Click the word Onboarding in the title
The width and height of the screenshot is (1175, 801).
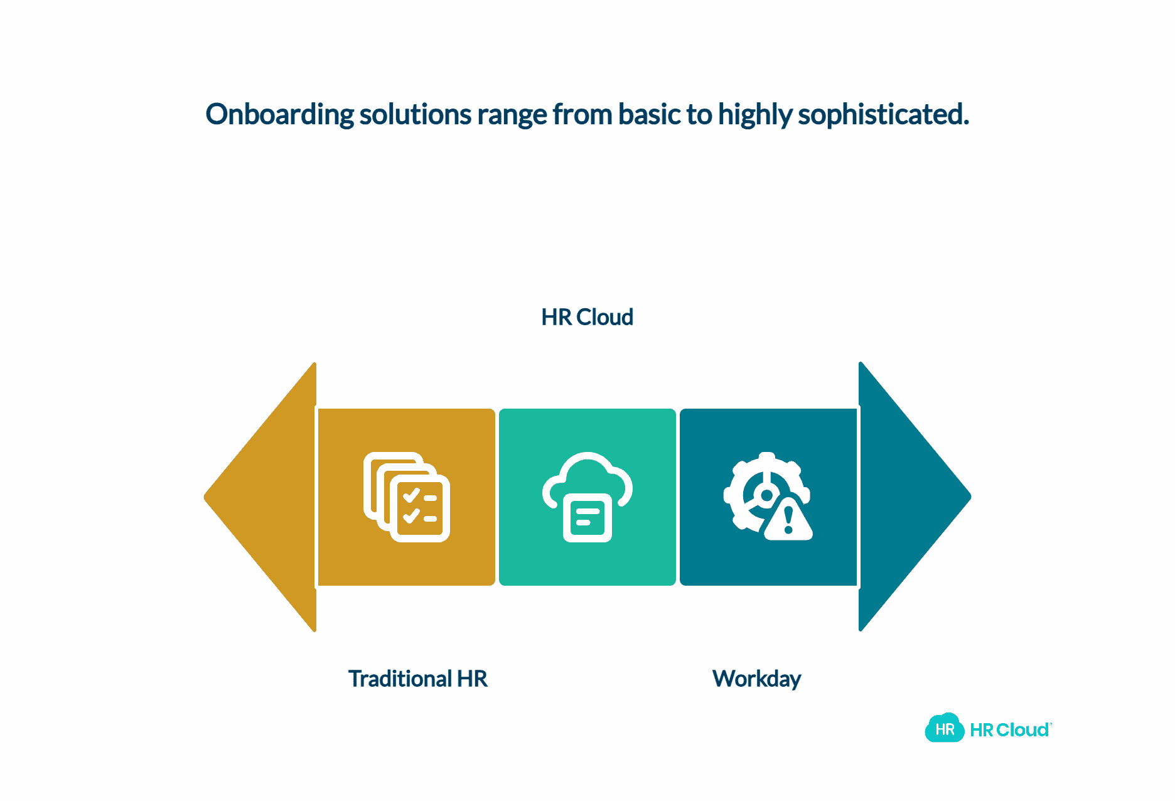(x=280, y=115)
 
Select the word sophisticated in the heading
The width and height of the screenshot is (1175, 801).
(x=883, y=115)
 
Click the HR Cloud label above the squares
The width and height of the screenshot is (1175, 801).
(x=587, y=318)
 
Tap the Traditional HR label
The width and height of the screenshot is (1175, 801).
(x=417, y=679)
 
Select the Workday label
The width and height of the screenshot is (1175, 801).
(x=756, y=679)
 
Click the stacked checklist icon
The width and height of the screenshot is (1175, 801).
(x=407, y=497)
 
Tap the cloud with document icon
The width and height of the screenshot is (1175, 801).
(x=587, y=496)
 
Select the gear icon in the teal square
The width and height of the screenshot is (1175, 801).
(x=756, y=490)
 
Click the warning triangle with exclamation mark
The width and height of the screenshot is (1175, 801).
(x=789, y=520)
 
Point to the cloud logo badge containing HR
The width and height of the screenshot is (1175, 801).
(x=944, y=729)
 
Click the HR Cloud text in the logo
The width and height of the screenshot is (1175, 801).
(x=1009, y=730)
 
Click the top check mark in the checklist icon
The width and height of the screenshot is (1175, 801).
(x=411, y=497)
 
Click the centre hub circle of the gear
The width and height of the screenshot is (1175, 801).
(x=766, y=495)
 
